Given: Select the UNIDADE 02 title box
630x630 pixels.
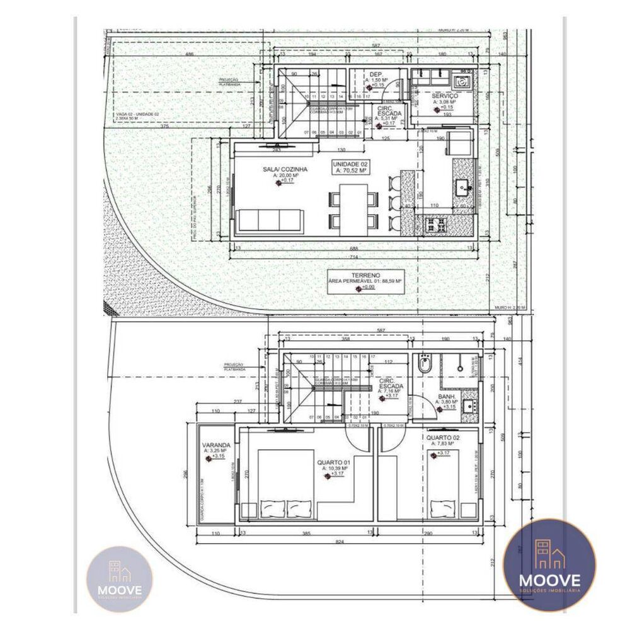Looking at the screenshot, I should pos(350,166).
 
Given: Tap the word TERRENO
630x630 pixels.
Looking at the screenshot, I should pos(365,276).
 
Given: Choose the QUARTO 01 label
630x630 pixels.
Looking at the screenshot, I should pos(333,462).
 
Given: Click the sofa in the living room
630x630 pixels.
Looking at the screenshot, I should pos(270,221).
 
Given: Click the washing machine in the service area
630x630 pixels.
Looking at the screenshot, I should pos(462,81).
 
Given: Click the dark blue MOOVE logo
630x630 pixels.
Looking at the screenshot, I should pos(549,565).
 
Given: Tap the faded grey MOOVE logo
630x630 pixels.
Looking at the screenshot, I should pos(119,578).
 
